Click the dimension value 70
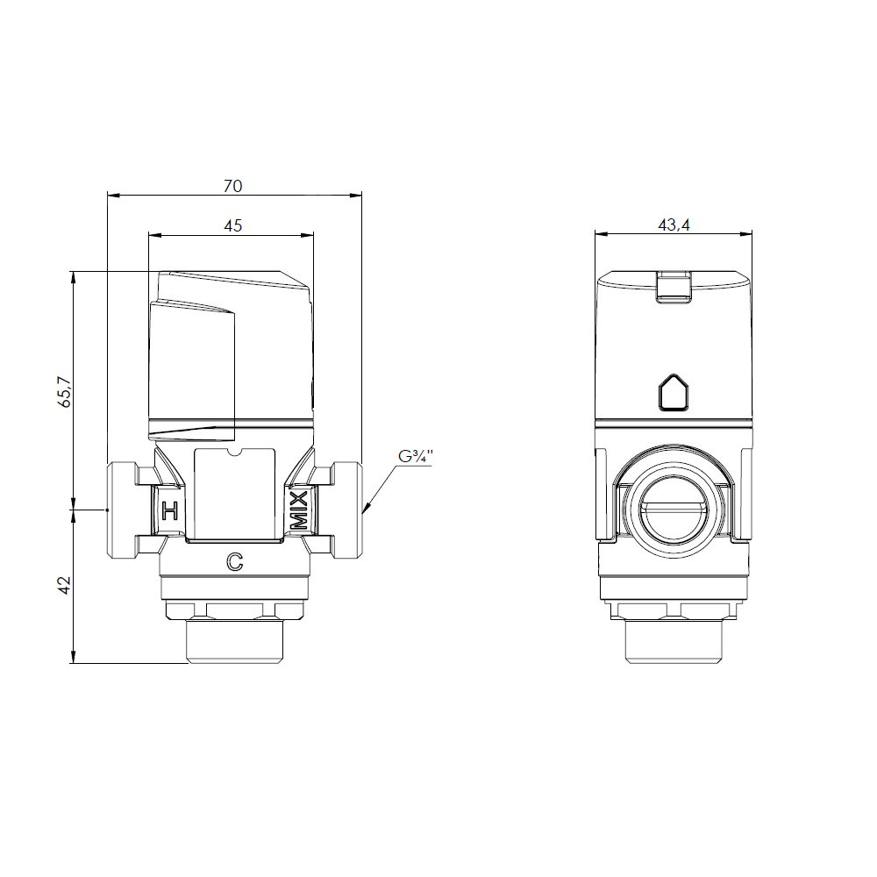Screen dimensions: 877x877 pyautogui.click(x=232, y=186)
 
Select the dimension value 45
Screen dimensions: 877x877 pyautogui.click(x=232, y=225)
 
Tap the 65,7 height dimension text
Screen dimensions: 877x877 pyautogui.click(x=65, y=391)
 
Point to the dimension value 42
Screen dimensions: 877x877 pyautogui.click(x=65, y=585)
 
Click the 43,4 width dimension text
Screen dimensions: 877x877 pyautogui.click(x=674, y=225)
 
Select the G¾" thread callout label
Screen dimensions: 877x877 pyautogui.click(x=416, y=457)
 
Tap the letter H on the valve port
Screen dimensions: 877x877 pyautogui.click(x=170, y=510)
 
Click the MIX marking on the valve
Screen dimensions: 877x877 pyautogui.click(x=299, y=510)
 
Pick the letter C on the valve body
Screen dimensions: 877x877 pyautogui.click(x=235, y=561)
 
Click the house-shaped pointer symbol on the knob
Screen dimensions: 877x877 pyautogui.click(x=674, y=393)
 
